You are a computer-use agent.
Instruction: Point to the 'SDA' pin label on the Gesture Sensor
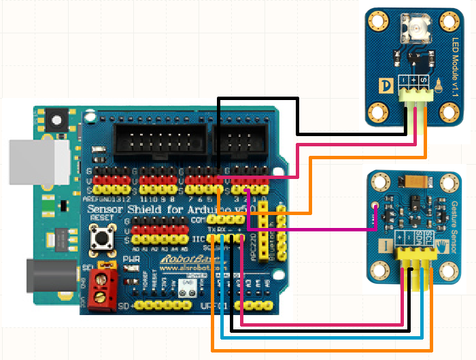(428, 238)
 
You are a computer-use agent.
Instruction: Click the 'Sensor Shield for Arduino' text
(163, 208)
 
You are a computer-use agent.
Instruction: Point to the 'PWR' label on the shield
(133, 259)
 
